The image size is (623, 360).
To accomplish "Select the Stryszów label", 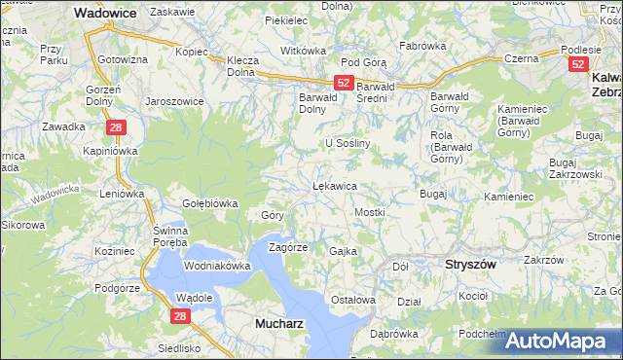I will point(470,264).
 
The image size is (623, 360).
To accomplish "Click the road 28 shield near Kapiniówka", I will point(115,127).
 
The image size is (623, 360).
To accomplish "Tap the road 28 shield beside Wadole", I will point(180,315).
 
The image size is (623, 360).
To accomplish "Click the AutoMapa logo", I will point(563,341).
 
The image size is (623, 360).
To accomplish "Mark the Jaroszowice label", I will point(173,100).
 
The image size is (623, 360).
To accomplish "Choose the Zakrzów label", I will point(543,260).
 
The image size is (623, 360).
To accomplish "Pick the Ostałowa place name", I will point(353,300).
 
